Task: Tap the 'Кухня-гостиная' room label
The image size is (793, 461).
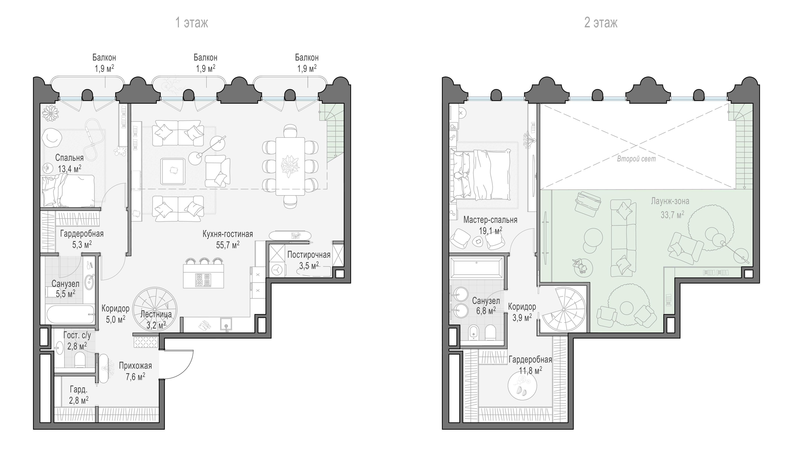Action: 228,234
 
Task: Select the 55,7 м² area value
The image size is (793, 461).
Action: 228,245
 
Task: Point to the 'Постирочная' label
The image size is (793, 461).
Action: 309,255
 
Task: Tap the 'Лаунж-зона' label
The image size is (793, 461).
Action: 670,201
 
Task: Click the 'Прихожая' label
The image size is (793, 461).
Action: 135,366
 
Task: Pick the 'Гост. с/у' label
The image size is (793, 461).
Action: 77,335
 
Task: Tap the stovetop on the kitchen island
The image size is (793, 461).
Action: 203,280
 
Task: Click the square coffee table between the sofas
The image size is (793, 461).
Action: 172,171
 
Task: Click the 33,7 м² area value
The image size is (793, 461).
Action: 672,215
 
